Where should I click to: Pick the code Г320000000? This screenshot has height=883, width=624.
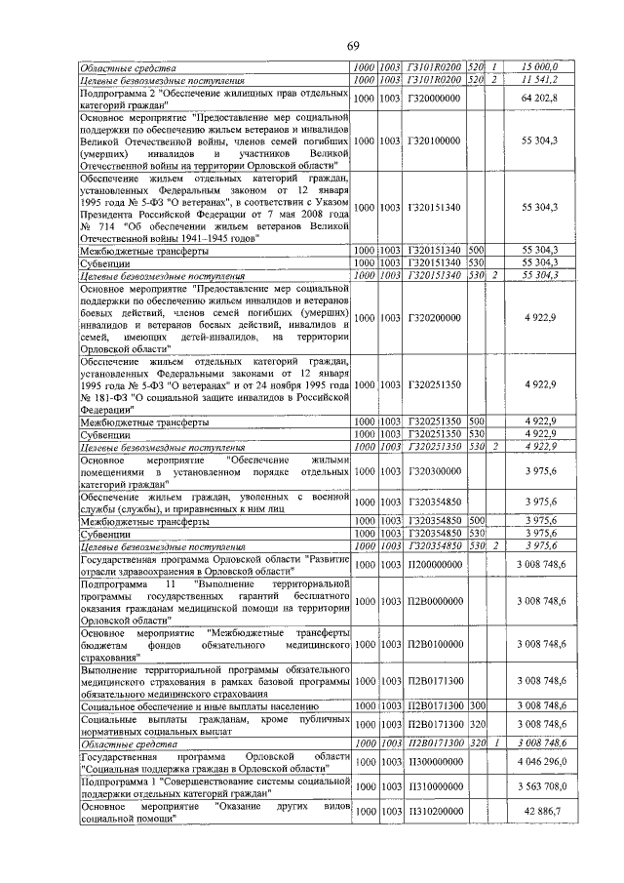point(433,98)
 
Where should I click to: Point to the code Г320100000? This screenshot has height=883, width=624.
point(433,140)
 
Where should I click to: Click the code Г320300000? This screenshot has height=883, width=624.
point(433,470)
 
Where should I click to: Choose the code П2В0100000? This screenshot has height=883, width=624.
point(433,644)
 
